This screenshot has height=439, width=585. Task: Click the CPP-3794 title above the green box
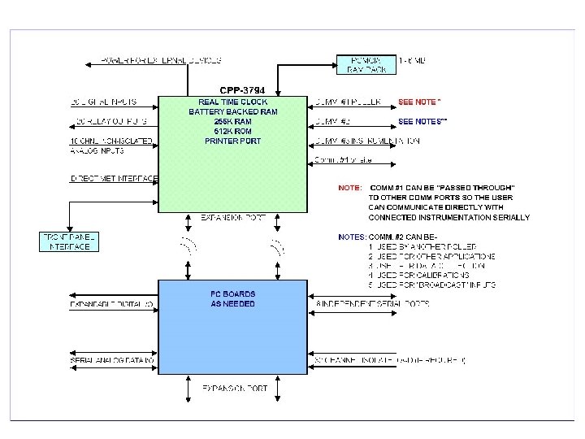pyautogui.click(x=241, y=89)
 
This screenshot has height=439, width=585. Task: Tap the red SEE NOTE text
pyautogui.click(x=419, y=102)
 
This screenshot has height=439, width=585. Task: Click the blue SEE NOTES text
pyautogui.click(x=422, y=121)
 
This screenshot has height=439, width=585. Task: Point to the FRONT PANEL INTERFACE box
pyautogui.click(x=69, y=241)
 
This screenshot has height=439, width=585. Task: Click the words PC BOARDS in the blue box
pyautogui.click(x=232, y=293)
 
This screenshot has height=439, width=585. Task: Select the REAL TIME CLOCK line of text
pyautogui.click(x=232, y=102)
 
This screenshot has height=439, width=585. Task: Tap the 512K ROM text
pyautogui.click(x=232, y=131)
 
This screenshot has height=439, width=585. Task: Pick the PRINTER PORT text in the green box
pyautogui.click(x=232, y=141)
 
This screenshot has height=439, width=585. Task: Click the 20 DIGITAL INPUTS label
pyautogui.click(x=104, y=102)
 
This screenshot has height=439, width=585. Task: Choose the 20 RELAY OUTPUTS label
pyautogui.click(x=110, y=121)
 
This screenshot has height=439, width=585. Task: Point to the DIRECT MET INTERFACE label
pyautogui.click(x=114, y=178)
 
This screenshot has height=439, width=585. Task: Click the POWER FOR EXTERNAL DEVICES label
pyautogui.click(x=161, y=60)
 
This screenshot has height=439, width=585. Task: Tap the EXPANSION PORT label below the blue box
pyautogui.click(x=234, y=389)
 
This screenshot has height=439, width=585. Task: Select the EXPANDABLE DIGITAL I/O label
pyautogui.click(x=112, y=304)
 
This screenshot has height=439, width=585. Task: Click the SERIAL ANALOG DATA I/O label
pyautogui.click(x=112, y=360)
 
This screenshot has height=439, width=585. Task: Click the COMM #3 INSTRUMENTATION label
pyautogui.click(x=366, y=141)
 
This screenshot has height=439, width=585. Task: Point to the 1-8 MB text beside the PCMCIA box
pyautogui.click(x=412, y=60)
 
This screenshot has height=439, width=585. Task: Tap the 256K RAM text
pyautogui.click(x=232, y=121)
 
